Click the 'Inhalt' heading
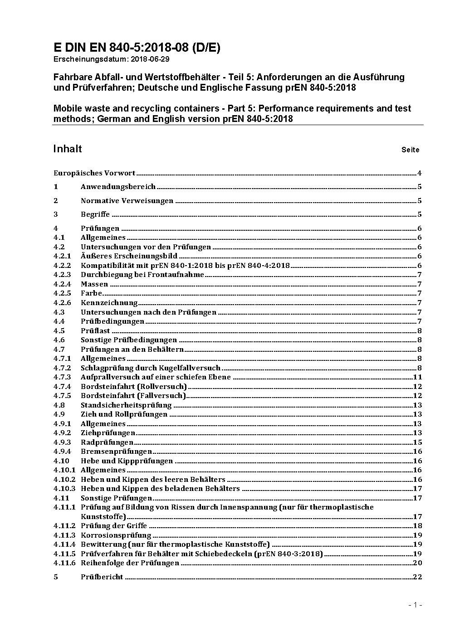(x=68, y=149)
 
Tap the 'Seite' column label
(x=410, y=150)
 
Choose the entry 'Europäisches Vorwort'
(x=94, y=173)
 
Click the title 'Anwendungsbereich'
(x=118, y=187)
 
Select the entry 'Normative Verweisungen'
(x=127, y=201)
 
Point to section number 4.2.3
(x=62, y=275)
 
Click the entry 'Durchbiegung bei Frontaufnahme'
(x=142, y=275)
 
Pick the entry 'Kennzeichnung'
(x=109, y=303)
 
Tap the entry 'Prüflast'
(x=95, y=331)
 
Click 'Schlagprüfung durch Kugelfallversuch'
(x=150, y=368)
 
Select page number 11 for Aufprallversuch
(x=417, y=377)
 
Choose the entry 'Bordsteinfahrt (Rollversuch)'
(x=133, y=387)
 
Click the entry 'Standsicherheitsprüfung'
(x=126, y=405)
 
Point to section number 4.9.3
(x=62, y=442)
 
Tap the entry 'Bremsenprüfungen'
(x=116, y=452)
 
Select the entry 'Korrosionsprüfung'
(x=116, y=535)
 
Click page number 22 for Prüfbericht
(x=417, y=577)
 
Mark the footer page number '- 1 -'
(x=415, y=605)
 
